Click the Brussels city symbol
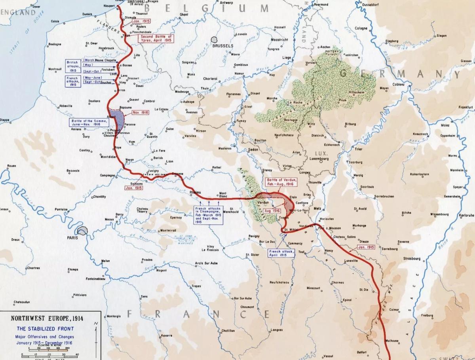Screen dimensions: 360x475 [x=215, y=40]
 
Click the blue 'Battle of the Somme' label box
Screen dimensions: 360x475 [x=85, y=122]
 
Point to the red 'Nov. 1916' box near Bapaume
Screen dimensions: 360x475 [x=141, y=112]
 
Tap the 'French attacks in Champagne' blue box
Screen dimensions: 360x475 [x=208, y=214]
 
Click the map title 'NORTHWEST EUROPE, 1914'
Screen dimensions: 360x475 [x=49, y=318]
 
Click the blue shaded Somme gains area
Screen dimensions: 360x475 [x=118, y=117]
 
